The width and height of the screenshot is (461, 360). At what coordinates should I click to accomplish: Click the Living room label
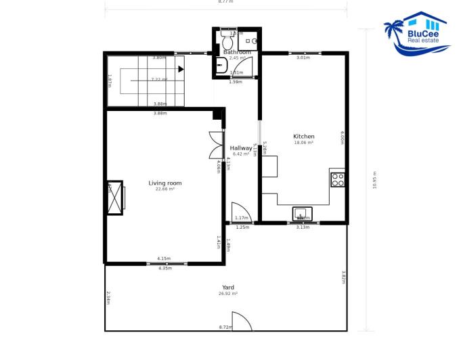[x=165, y=183]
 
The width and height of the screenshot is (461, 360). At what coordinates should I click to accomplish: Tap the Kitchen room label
[x=304, y=136]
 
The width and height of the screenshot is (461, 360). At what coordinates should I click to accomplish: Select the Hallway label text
[x=240, y=148]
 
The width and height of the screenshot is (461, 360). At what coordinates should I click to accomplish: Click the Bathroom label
[x=238, y=52]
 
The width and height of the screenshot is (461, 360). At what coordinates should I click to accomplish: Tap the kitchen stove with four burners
[x=338, y=179]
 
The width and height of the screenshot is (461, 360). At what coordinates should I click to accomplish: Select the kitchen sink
[x=303, y=215]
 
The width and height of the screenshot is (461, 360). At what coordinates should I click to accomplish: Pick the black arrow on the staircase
[x=180, y=68]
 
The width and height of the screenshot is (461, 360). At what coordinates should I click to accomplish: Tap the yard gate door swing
[x=241, y=321]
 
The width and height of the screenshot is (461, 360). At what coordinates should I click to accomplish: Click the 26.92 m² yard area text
[x=227, y=294]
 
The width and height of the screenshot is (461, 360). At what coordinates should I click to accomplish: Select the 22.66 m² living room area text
[x=165, y=189]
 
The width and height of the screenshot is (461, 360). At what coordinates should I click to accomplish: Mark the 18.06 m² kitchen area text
[x=304, y=143]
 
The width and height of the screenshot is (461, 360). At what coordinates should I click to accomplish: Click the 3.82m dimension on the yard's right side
[x=343, y=277]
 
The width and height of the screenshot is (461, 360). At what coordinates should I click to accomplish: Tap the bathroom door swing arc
[x=246, y=66]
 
